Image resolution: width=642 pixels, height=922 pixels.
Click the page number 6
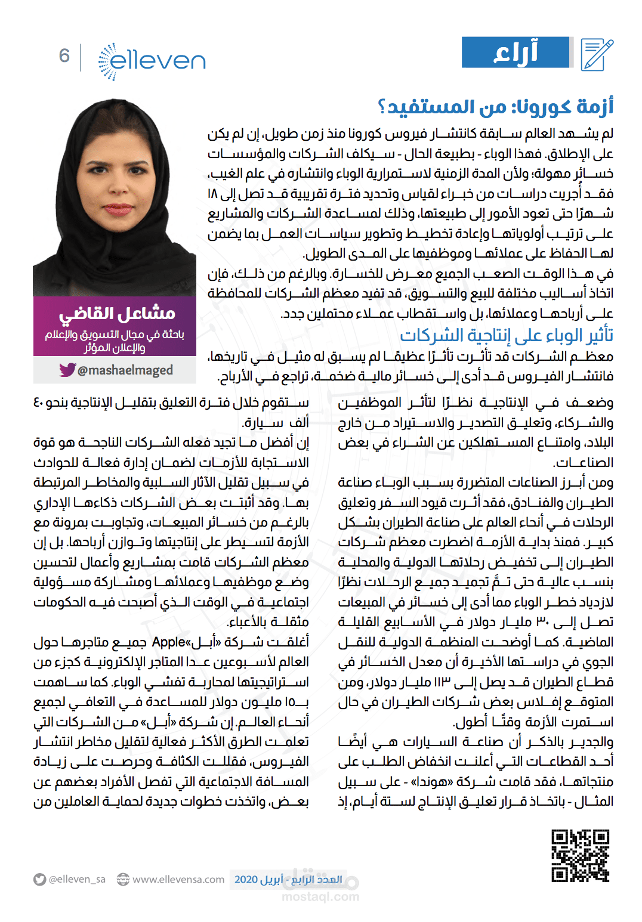click(x=64, y=56)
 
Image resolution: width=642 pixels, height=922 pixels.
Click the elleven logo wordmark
click(x=159, y=60)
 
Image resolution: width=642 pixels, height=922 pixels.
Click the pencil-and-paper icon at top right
click(x=597, y=54)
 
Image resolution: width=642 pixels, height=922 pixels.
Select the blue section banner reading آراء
click(x=516, y=52)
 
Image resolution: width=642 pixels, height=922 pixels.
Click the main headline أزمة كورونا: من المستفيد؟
click(x=495, y=107)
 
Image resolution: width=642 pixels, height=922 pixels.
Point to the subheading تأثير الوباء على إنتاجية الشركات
click(x=507, y=336)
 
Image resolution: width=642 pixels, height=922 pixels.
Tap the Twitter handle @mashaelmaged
click(x=125, y=370)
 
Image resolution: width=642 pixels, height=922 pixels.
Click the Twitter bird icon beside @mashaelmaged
click(x=67, y=370)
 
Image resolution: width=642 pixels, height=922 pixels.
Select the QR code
click(x=580, y=855)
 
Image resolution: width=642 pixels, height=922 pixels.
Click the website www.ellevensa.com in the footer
click(x=178, y=880)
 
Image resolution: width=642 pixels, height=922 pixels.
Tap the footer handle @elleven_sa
click(x=77, y=880)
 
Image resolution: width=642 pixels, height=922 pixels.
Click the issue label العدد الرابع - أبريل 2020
click(x=288, y=880)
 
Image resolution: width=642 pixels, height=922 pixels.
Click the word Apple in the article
click(x=169, y=642)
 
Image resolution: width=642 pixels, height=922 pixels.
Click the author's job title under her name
click(x=115, y=341)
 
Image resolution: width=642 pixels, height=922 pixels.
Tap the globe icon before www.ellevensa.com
click(x=123, y=880)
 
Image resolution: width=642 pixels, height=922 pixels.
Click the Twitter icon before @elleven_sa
click(x=40, y=880)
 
